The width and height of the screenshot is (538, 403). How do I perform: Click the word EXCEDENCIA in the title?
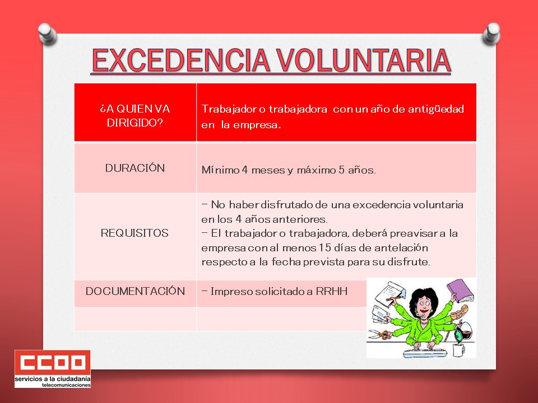181,60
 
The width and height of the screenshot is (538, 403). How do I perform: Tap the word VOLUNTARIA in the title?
364,60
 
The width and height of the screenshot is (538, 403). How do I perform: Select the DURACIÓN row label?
135,167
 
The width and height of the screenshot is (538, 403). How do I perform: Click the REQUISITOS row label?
134,233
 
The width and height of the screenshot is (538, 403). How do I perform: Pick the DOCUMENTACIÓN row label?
135,291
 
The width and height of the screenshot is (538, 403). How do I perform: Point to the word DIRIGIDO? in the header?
134,123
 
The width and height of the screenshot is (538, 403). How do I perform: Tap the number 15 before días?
324,247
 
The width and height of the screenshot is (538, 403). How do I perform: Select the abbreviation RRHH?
331,291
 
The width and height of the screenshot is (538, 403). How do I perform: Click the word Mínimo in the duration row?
220,170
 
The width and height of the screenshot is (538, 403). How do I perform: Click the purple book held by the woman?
460,290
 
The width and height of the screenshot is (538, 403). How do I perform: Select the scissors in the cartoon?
379,334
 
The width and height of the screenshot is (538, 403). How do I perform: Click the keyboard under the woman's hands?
425,353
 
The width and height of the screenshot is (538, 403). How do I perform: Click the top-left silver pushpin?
47,34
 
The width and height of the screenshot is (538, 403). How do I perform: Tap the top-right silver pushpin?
491,34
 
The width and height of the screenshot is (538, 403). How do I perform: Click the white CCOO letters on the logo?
53,363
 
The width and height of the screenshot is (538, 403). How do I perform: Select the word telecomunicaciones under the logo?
66,385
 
